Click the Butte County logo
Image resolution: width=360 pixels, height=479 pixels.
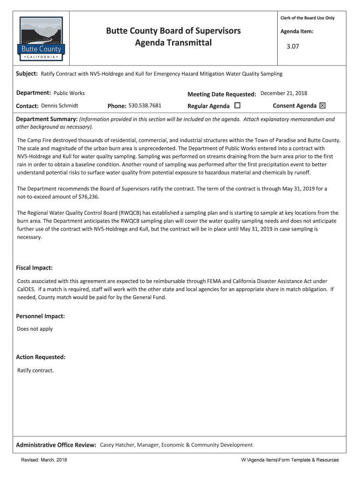click(41, 39)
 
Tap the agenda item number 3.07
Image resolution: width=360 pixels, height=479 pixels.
click(293, 47)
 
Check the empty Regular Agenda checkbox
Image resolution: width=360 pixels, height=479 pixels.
click(238, 106)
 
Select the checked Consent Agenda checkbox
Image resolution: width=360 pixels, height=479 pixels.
click(322, 106)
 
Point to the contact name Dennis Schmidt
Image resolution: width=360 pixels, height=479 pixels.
click(59, 106)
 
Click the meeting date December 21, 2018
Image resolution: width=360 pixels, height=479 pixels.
click(284, 94)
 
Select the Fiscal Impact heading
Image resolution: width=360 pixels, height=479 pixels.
click(34, 268)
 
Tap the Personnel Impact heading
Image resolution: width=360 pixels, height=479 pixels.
click(40, 316)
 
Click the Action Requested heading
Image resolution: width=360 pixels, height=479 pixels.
click(41, 357)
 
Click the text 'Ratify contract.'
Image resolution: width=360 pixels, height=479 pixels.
click(36, 370)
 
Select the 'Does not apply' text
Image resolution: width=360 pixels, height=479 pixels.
click(35, 329)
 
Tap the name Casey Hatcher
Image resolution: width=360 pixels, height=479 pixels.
click(118, 445)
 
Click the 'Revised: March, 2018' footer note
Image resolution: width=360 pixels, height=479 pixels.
click(44, 460)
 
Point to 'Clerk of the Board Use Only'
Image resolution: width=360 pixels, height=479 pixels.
click(308, 18)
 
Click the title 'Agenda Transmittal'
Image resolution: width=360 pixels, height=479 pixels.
click(173, 43)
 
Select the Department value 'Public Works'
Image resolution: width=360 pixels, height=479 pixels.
click(69, 93)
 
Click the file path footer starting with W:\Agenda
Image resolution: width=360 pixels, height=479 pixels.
click(290, 460)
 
